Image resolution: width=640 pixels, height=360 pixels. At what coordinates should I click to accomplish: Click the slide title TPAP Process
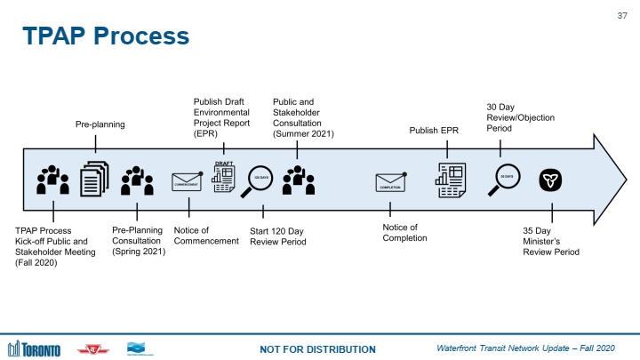[x=106, y=36]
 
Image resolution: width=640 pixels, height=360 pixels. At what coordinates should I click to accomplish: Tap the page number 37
[x=621, y=14]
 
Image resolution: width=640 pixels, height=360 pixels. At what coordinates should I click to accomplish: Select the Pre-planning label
[x=100, y=125]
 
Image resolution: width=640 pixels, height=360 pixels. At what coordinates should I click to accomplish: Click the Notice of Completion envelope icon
[x=391, y=182]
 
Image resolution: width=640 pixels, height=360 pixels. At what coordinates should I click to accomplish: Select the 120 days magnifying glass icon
[x=262, y=180]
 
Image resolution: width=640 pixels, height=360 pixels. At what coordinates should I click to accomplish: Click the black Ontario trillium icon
[x=551, y=180]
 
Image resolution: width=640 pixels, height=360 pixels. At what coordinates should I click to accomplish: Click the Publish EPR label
[x=436, y=131]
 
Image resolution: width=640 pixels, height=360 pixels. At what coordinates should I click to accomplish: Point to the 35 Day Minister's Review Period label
[x=551, y=240]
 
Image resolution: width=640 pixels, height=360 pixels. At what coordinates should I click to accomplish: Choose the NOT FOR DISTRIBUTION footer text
[x=317, y=348]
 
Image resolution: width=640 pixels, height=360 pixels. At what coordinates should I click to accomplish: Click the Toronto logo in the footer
[x=35, y=348]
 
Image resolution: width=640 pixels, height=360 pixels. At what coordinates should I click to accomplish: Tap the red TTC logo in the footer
[x=92, y=348]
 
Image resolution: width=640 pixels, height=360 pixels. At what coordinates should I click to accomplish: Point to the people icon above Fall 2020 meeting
[x=53, y=180]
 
